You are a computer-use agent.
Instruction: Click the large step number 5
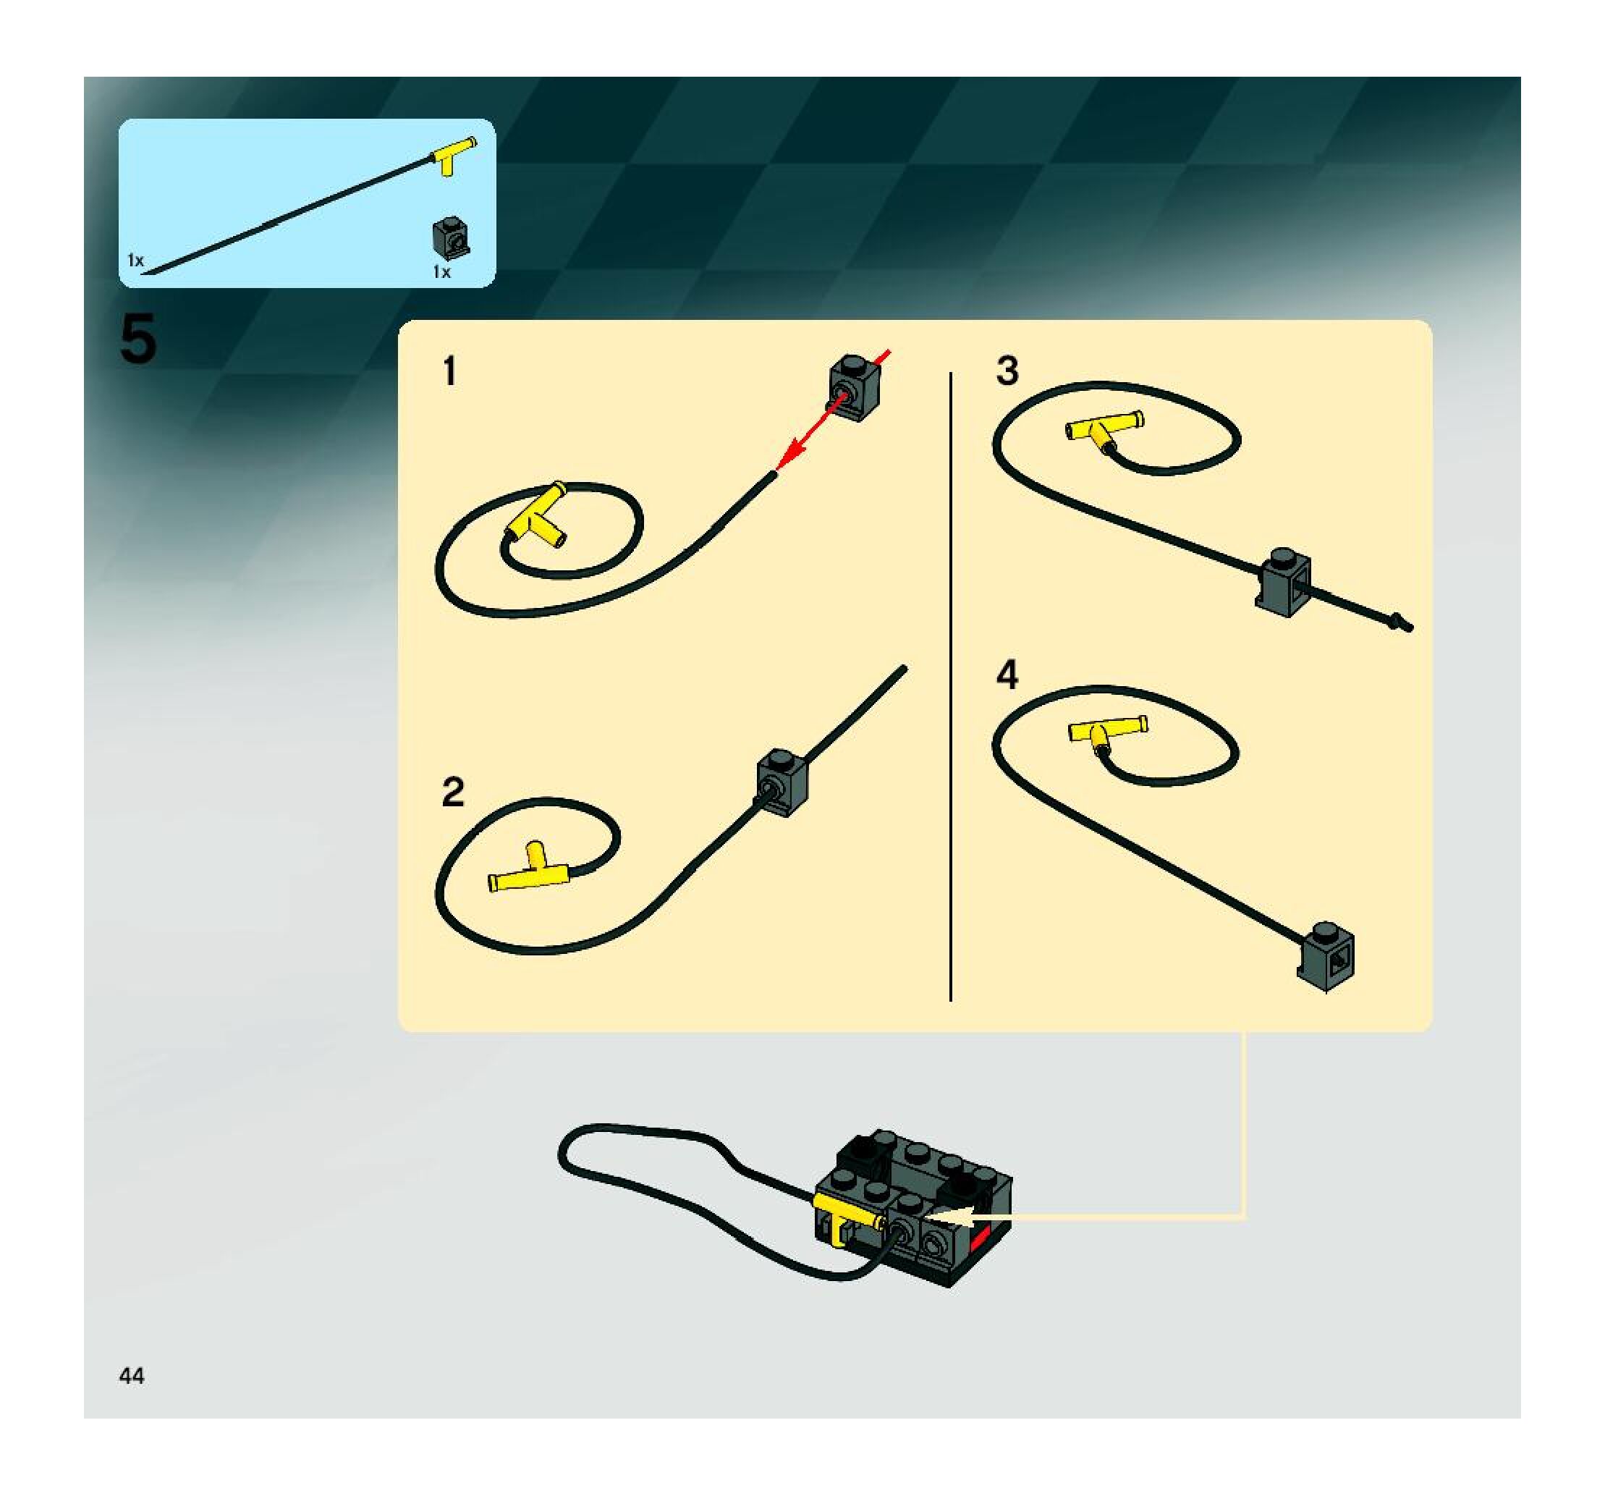tap(138, 340)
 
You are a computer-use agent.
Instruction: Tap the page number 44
tap(132, 1375)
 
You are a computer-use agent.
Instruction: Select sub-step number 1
tap(449, 372)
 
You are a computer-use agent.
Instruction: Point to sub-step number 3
tap(1007, 371)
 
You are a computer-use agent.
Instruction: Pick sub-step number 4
tap(1007, 675)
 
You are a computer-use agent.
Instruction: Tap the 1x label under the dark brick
tap(441, 272)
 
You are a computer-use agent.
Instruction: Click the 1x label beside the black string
tap(135, 260)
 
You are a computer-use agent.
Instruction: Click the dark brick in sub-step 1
tap(854, 387)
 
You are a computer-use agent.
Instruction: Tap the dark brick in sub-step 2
tap(782, 782)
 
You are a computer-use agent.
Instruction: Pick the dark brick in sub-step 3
tap(1284, 582)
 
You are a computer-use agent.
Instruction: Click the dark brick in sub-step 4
tap(1326, 955)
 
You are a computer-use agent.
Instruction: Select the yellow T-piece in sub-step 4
tap(1107, 730)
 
